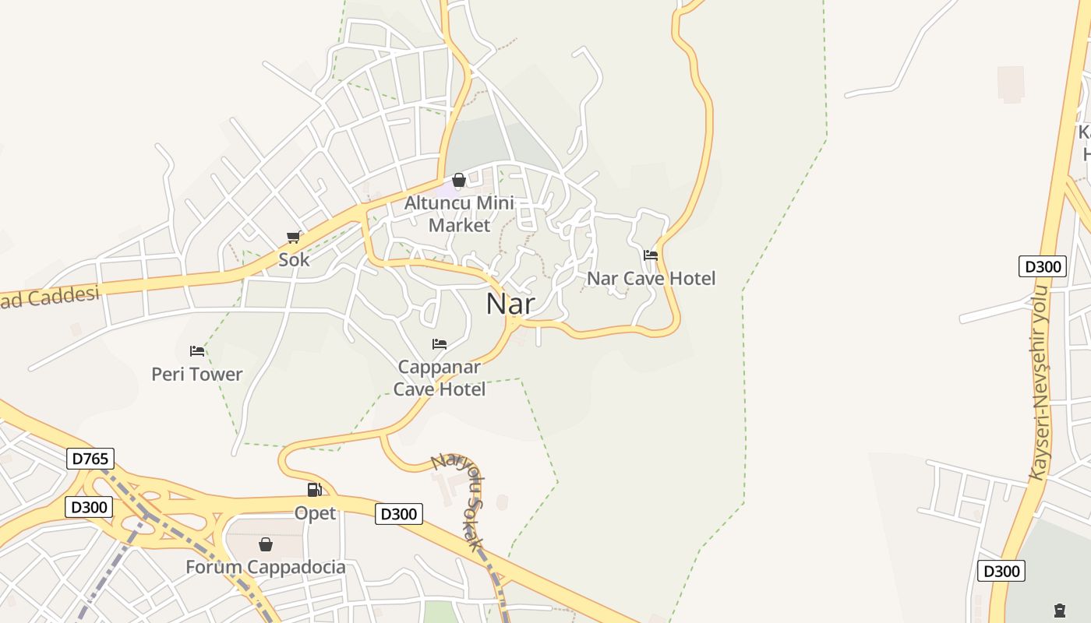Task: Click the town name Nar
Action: pos(510,303)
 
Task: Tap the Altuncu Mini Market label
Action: pos(460,214)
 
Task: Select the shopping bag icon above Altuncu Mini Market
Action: pos(459,181)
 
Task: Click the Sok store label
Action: pos(294,259)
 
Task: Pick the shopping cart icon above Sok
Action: pos(294,237)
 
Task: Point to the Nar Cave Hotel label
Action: pos(651,278)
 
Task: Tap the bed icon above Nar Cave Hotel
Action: pos(651,255)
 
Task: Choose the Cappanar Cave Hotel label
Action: pos(440,378)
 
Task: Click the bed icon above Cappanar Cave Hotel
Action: pos(440,343)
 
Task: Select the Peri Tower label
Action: pos(197,374)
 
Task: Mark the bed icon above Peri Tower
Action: pos(197,350)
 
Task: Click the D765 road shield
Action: pos(90,459)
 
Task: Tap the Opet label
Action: pos(315,513)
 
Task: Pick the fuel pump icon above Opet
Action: pos(314,490)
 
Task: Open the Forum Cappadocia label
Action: pos(266,567)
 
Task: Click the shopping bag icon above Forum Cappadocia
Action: pos(266,544)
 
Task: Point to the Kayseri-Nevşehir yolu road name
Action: pos(1040,382)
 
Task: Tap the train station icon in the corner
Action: pos(1059,610)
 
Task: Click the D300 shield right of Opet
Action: pos(399,514)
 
